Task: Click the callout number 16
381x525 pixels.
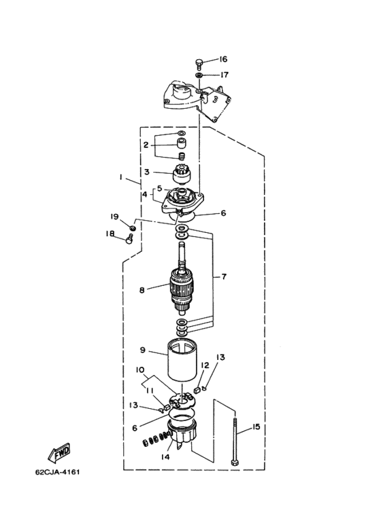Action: coord(223,59)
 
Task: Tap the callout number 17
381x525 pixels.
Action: coord(224,74)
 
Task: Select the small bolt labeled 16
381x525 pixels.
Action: coord(199,64)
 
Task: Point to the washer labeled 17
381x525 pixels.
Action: coord(199,74)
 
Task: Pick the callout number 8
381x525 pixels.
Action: coord(142,290)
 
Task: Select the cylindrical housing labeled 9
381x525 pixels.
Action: coord(182,361)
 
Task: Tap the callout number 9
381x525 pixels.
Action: coord(143,350)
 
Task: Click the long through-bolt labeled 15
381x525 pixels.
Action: coord(235,440)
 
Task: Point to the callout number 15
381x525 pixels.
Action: coord(256,427)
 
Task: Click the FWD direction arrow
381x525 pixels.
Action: coord(60,452)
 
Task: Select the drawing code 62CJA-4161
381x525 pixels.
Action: coord(58,473)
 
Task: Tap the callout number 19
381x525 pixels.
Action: coord(115,217)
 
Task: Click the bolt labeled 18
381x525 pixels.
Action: coord(130,239)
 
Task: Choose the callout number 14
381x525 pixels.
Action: coord(165,456)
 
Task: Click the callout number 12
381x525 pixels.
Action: coord(205,365)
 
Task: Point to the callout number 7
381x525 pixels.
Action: coord(224,276)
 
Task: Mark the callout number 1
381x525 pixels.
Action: coord(120,177)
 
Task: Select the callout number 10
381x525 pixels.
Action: coord(140,370)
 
